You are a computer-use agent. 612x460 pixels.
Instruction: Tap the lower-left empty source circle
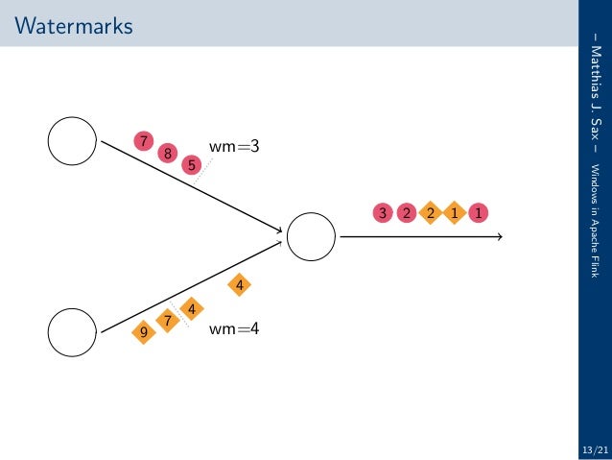(x=72, y=331)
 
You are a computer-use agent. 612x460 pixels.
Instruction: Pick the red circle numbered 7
(x=144, y=141)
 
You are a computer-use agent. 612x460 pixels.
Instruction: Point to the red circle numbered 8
(x=168, y=152)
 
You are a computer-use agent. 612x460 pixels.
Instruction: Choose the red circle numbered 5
(x=192, y=164)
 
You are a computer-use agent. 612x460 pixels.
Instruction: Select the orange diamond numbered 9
(x=144, y=332)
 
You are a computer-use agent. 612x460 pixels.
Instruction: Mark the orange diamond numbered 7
(x=168, y=320)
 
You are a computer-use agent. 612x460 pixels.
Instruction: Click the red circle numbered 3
(x=383, y=212)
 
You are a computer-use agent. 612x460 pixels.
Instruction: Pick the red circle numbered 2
(x=406, y=212)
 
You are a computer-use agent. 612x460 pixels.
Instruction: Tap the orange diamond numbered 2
(x=430, y=212)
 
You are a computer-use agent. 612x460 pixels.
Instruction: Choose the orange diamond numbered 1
(x=453, y=212)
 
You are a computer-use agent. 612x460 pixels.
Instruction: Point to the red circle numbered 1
(x=477, y=212)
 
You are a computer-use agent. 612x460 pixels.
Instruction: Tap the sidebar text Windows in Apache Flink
(x=594, y=215)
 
